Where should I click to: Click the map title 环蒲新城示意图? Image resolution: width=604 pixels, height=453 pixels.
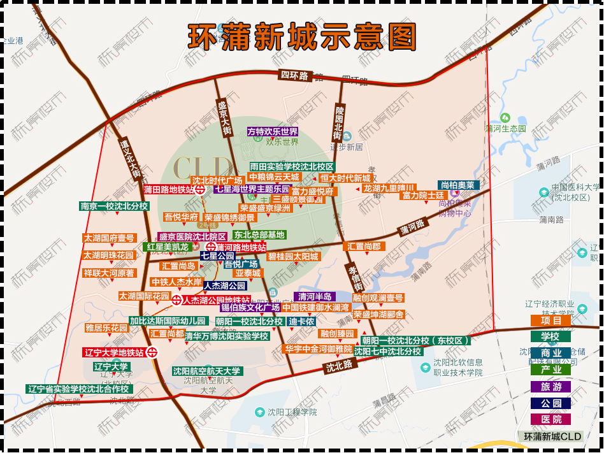(302, 36)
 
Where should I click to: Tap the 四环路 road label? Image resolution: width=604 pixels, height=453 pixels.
(294, 76)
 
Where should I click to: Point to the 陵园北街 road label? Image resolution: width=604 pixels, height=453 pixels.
(338, 123)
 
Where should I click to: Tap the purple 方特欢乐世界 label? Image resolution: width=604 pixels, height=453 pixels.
(273, 132)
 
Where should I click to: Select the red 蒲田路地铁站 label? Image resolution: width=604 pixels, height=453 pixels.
(169, 189)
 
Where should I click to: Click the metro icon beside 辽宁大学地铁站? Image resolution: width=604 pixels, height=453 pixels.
(152, 352)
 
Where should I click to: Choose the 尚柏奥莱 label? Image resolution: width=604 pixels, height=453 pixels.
(457, 185)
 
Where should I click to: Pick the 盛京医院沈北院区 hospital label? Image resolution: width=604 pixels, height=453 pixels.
(192, 236)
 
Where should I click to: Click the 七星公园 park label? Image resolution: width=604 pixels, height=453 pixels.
(217, 255)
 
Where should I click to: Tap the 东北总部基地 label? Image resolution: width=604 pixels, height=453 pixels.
(259, 234)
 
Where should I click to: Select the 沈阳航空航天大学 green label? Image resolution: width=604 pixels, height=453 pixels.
(207, 371)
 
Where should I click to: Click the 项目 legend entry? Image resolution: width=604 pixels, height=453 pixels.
(551, 320)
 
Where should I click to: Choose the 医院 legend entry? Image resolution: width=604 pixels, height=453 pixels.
(551, 419)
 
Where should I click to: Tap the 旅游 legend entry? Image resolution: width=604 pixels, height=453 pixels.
(551, 386)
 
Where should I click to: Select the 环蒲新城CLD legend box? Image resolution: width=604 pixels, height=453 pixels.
(552, 436)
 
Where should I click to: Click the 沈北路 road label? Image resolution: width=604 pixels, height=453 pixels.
(339, 366)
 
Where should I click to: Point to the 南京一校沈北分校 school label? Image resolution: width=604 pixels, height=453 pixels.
(114, 206)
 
